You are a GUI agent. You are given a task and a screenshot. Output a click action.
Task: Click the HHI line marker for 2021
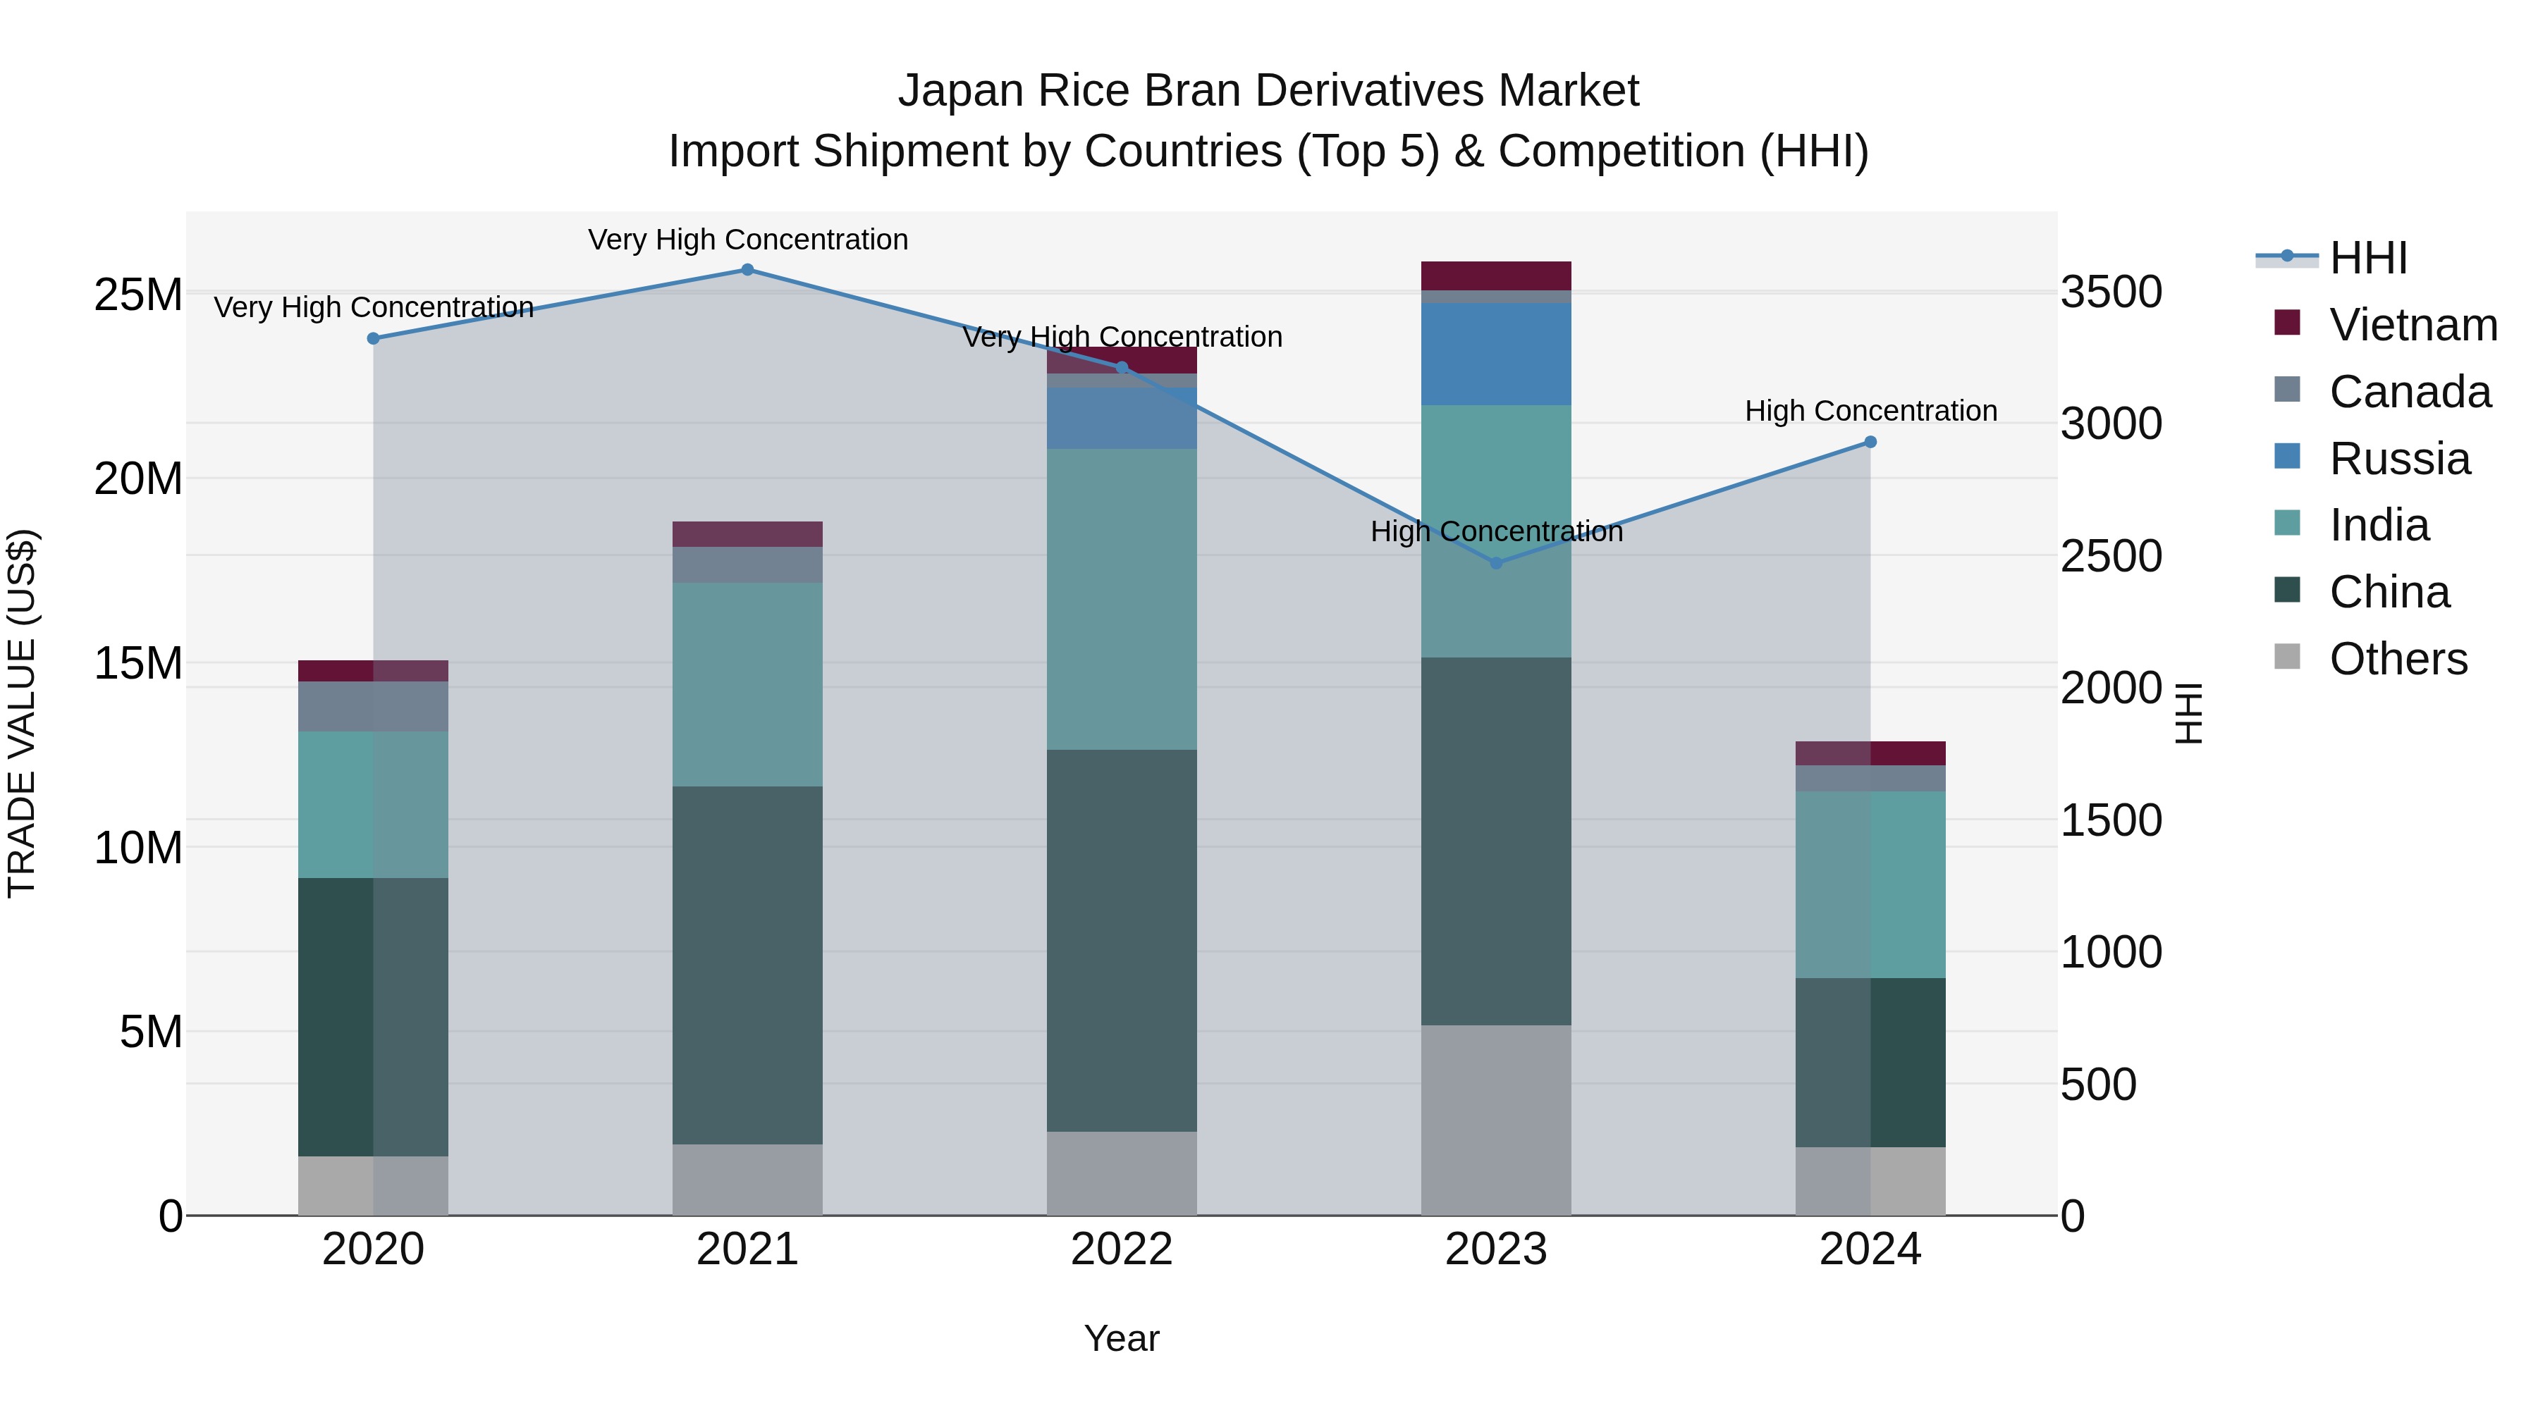(747, 270)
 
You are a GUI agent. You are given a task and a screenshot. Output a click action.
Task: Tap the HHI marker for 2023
(1495, 563)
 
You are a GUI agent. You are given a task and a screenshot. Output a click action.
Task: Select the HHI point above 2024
(1870, 442)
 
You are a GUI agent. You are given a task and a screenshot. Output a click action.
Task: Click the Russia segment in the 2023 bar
(1495, 354)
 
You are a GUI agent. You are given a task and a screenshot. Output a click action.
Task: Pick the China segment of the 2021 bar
(747, 965)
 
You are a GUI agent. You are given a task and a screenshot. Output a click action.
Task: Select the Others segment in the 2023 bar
(1495, 1120)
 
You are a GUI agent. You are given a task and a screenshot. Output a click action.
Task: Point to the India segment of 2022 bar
(1121, 599)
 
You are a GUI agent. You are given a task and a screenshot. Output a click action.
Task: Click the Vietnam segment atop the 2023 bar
(1495, 276)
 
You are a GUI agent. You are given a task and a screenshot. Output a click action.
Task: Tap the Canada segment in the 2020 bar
(372, 706)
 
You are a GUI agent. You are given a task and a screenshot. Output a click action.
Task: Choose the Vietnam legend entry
(2412, 325)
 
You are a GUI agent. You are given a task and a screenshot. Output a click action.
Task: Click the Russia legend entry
(2399, 459)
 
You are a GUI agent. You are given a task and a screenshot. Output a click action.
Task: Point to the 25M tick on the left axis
(138, 295)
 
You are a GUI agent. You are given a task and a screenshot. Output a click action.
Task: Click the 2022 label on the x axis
(1121, 1249)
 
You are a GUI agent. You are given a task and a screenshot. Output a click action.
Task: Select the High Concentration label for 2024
(1870, 411)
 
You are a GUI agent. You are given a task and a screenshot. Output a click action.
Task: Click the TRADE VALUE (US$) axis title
(22, 713)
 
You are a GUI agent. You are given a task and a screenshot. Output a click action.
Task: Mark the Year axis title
(1121, 1338)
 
